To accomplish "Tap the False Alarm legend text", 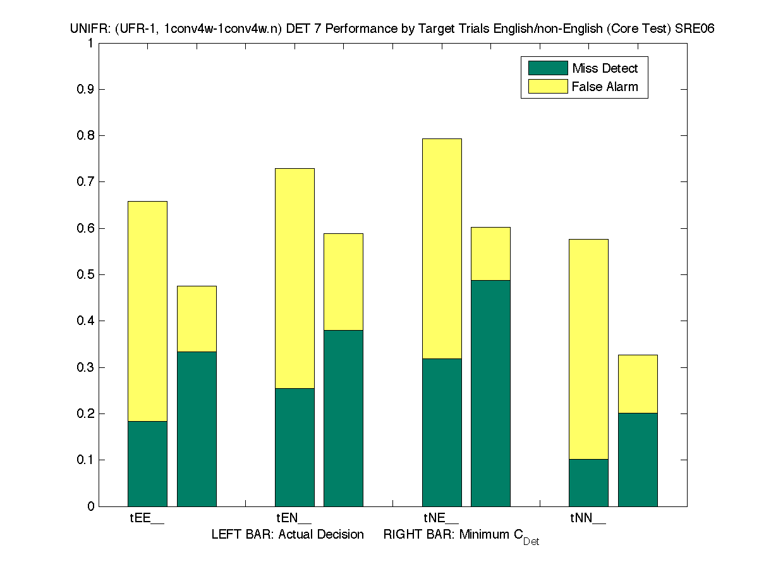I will (x=605, y=87).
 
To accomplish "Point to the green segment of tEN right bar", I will (x=343, y=418).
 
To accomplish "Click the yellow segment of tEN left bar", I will (x=294, y=278).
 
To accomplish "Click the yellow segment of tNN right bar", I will (x=638, y=384).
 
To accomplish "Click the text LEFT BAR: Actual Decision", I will (x=288, y=535).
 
